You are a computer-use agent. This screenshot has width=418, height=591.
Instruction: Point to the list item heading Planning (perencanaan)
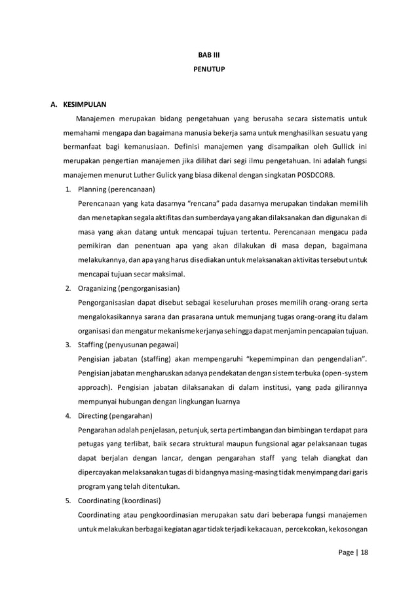coord(116,189)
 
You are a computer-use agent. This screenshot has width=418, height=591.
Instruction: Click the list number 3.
coord(67,344)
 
